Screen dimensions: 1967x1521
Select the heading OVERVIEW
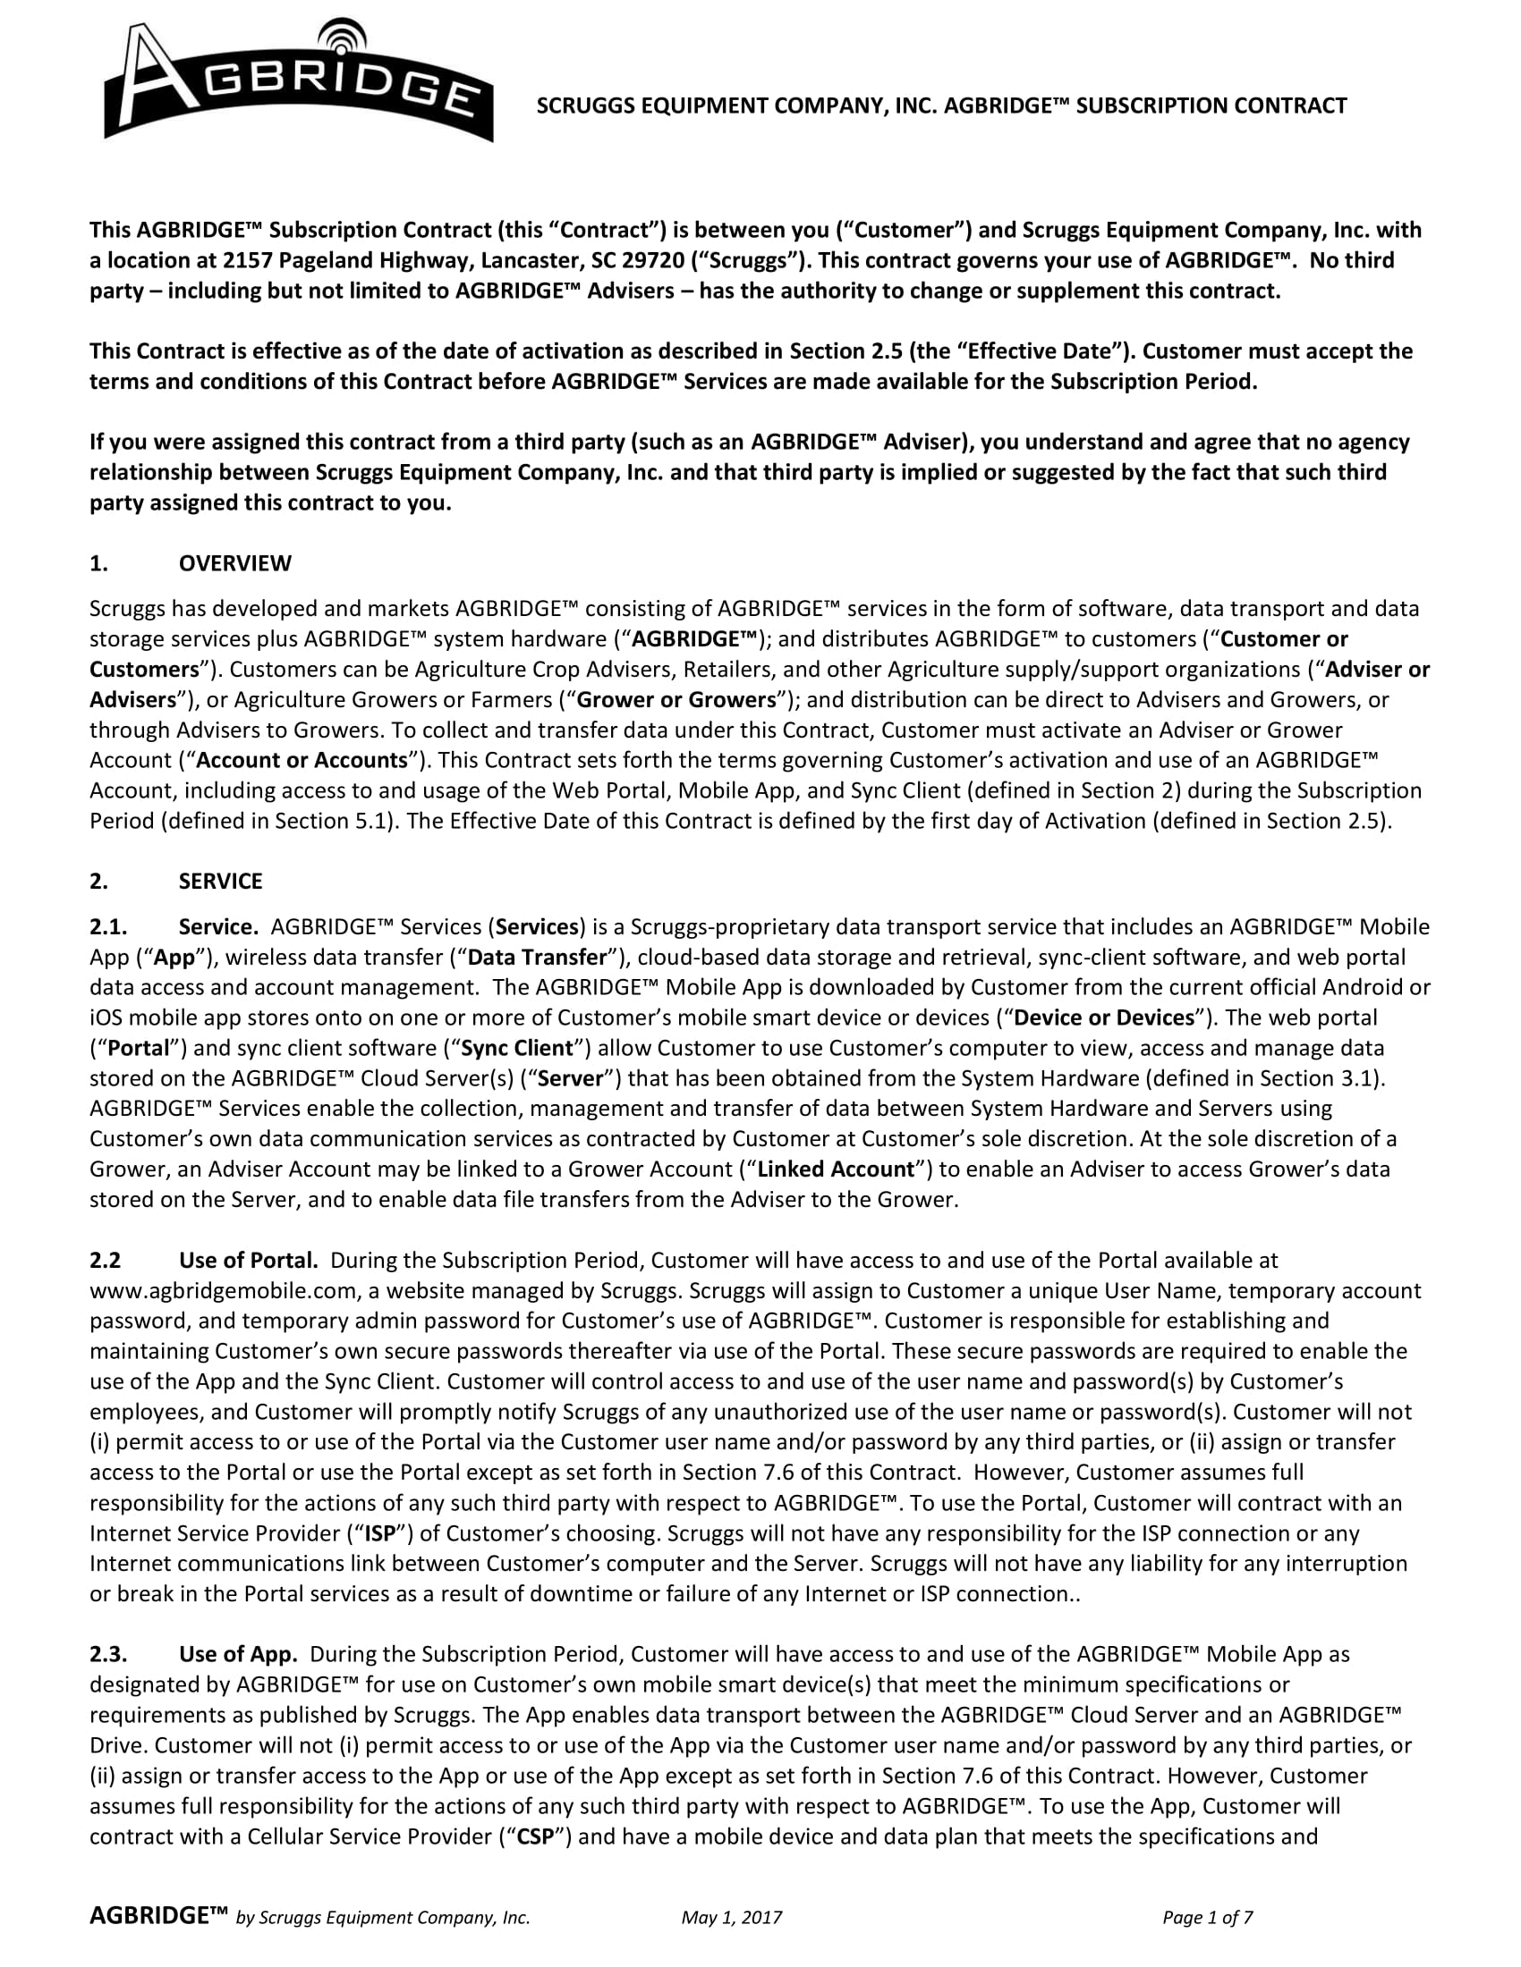pyautogui.click(x=235, y=564)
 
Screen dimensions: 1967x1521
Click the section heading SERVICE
pyautogui.click(x=221, y=881)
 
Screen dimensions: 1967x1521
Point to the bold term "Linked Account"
pyautogui.click(x=837, y=1169)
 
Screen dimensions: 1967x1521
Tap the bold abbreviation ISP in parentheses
pyautogui.click(x=376, y=1532)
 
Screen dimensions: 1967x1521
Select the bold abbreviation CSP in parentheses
pyautogui.click(x=540, y=1836)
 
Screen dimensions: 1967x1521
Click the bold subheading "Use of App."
pyautogui.click(x=238, y=1654)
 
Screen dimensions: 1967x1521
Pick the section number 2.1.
pyautogui.click(x=108, y=927)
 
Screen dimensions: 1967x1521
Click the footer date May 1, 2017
pyautogui.click(x=732, y=1918)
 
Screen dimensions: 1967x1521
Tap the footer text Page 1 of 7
pyautogui.click(x=1208, y=1918)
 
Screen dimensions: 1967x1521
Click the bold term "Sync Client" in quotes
pyautogui.click(x=517, y=1049)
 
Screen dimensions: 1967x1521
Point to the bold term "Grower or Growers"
pyautogui.click(x=676, y=700)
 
